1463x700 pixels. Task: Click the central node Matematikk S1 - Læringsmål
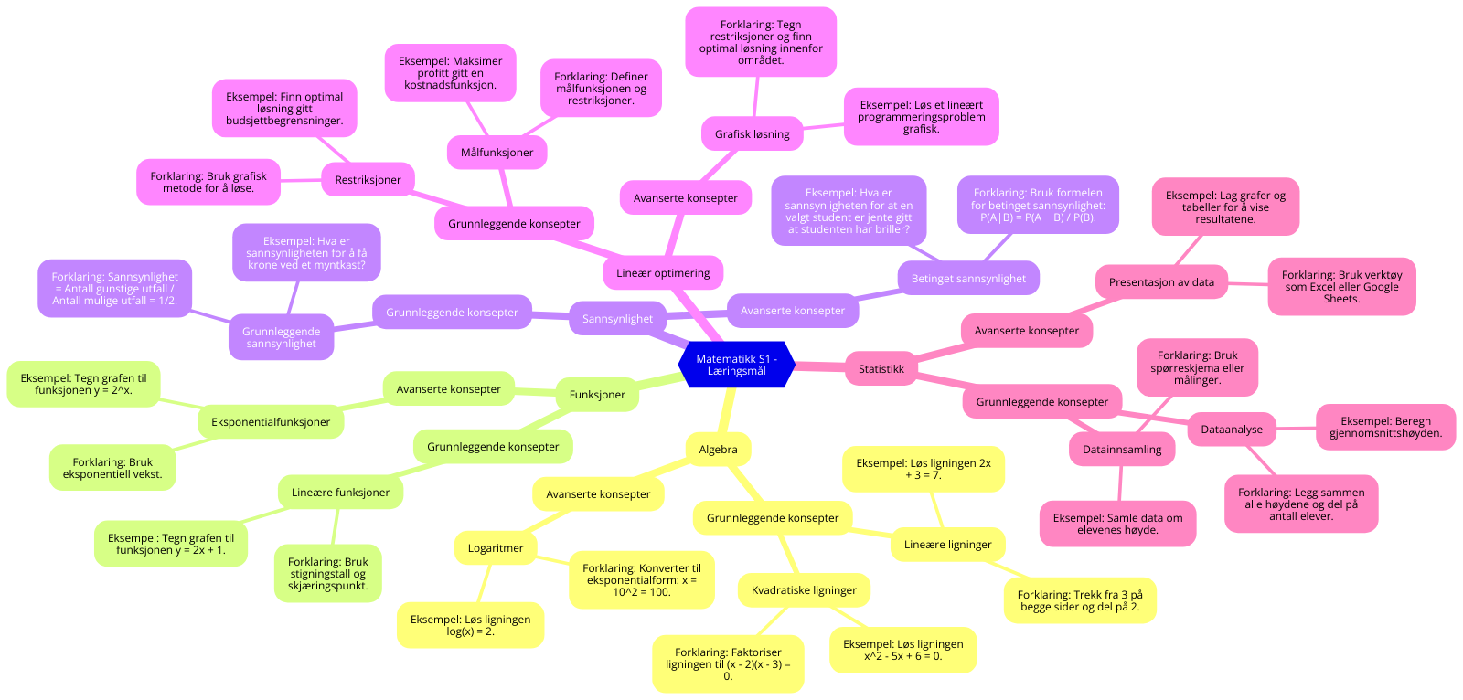[736, 365]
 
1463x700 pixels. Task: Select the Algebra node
[718, 449]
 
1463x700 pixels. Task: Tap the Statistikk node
[881, 368]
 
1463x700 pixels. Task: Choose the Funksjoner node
[597, 395]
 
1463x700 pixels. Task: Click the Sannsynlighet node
[617, 319]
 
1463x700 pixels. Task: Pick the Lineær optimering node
[663, 272]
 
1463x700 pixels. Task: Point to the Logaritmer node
[496, 548]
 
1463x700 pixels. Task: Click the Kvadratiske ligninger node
[804, 589]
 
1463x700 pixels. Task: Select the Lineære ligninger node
[947, 544]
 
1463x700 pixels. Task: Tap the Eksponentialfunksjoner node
[271, 421]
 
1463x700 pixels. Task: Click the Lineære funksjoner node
[340, 492]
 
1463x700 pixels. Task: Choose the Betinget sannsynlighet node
[968, 278]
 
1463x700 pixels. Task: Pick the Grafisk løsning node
[752, 133]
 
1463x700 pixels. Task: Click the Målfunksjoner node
[497, 152]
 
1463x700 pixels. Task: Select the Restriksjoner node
[368, 179]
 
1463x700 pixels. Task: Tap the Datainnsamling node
[1122, 449]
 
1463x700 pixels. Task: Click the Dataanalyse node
[1232, 429]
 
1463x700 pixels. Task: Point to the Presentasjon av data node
[1161, 281]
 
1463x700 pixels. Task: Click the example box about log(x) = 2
[470, 625]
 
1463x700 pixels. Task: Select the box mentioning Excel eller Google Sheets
[1341, 286]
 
